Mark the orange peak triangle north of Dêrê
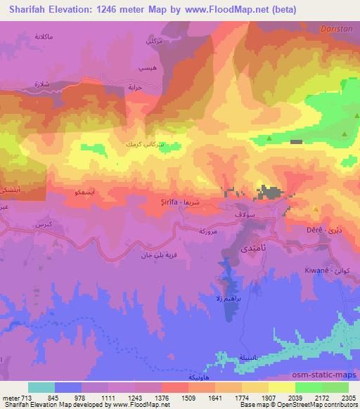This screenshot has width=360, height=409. click(x=316, y=209)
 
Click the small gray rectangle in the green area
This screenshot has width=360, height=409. click(x=296, y=142)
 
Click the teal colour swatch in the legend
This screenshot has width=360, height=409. click(x=41, y=388)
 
